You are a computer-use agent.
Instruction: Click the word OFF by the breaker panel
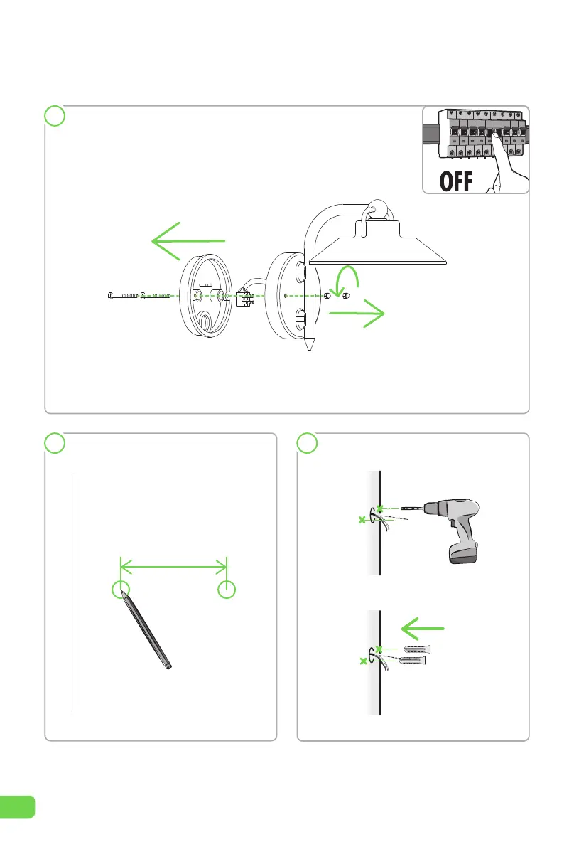456,181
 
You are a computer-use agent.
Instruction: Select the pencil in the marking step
146,630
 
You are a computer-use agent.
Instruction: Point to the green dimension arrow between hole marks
173,567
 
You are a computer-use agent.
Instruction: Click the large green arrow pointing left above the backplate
188,240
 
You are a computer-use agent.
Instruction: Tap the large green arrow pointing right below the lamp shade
357,314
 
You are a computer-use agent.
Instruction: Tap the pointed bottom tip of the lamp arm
309,350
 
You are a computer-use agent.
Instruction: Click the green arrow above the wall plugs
423,629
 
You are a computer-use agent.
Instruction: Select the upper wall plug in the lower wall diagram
417,649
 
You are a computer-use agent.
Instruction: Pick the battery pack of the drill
464,554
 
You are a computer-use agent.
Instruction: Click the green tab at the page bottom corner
17,806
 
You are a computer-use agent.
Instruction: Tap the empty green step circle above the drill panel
308,443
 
